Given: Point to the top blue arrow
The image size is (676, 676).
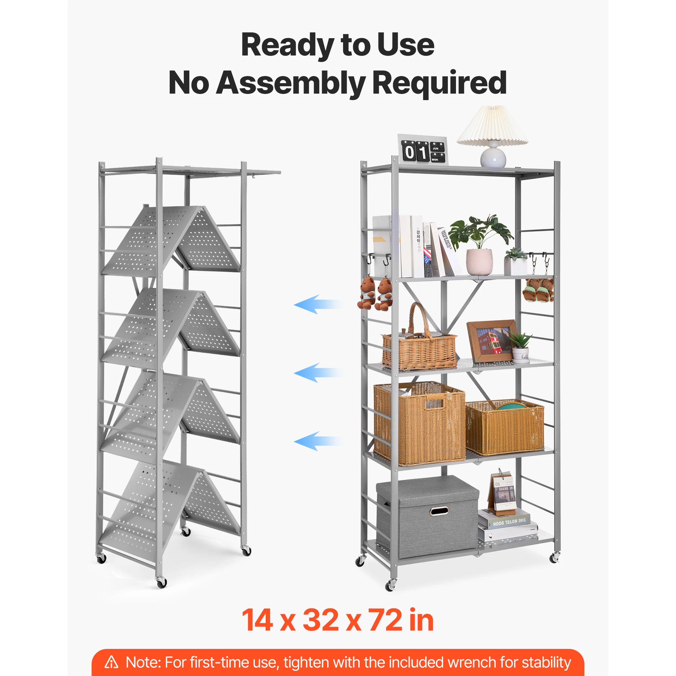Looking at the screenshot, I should [317, 304].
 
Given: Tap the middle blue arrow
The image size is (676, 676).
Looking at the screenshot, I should [317, 372].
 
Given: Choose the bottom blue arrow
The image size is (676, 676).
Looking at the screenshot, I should [317, 440].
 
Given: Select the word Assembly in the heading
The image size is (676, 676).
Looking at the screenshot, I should [290, 83].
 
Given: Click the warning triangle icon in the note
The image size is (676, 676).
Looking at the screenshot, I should [112, 662].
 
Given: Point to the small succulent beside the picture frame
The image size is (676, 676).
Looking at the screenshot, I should [520, 346].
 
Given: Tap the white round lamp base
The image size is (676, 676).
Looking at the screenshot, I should [493, 156].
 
